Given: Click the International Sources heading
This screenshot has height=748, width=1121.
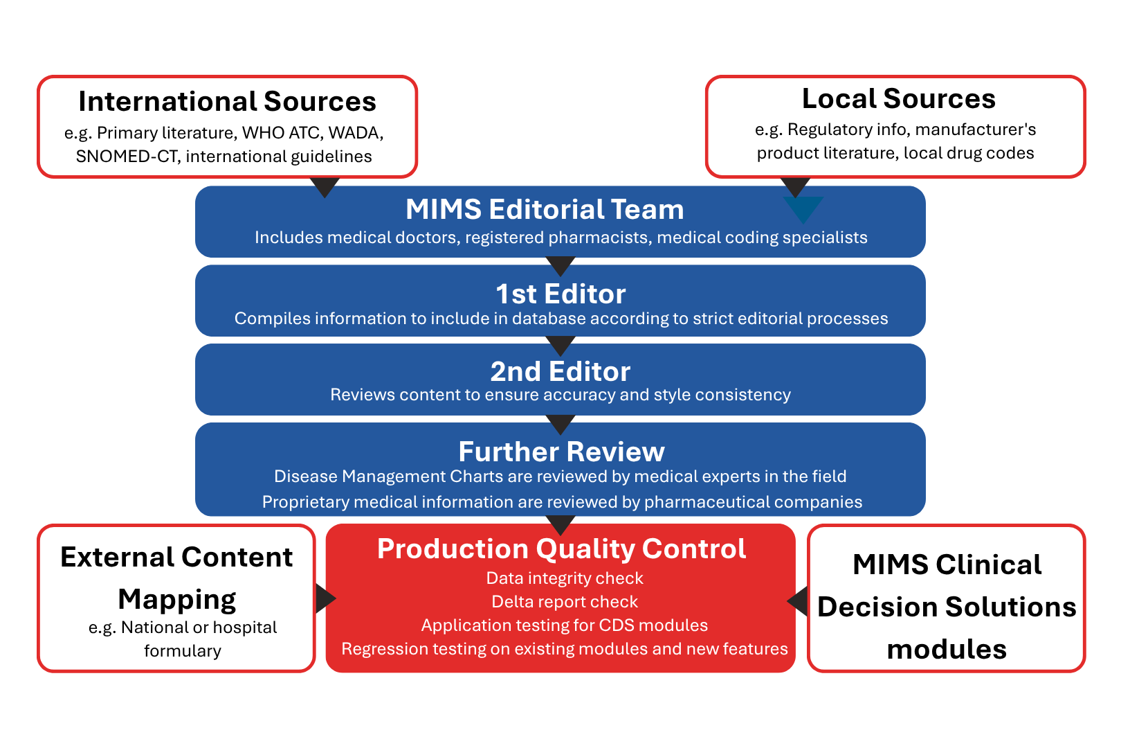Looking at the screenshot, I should (227, 102).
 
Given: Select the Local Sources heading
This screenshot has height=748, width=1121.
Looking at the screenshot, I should (898, 99).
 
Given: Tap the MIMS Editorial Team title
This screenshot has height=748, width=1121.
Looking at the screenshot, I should (545, 209).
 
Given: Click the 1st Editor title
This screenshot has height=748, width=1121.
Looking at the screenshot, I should (560, 294).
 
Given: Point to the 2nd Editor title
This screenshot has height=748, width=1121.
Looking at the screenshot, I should (560, 372).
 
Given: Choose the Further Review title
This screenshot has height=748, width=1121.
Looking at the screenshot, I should (561, 452).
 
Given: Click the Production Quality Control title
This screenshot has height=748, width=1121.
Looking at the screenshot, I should (561, 549).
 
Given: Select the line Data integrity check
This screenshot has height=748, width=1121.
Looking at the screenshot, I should (565, 578).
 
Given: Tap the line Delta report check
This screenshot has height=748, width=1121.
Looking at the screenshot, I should (565, 602).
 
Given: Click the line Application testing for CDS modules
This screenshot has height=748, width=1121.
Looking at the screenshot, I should (565, 625).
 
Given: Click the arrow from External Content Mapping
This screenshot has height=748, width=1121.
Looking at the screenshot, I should (325, 598).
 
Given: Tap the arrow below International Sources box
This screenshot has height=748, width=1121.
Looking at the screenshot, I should (325, 186).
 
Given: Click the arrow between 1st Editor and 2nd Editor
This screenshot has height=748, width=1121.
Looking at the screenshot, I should (560, 344).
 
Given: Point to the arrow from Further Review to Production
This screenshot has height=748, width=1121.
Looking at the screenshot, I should (560, 524).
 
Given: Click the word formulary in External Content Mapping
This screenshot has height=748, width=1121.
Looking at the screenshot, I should (183, 651).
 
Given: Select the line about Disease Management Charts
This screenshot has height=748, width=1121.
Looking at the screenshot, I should (560, 477).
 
